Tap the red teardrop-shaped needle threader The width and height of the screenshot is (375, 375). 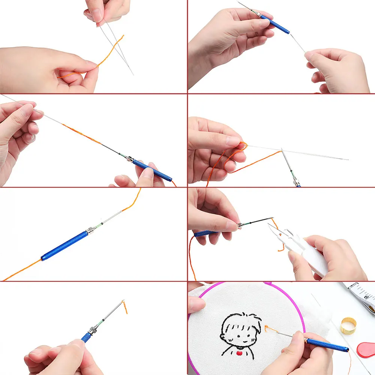coord(366,349)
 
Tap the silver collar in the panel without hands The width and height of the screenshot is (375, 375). coord(90,230)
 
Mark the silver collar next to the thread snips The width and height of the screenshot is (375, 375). coord(239,226)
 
